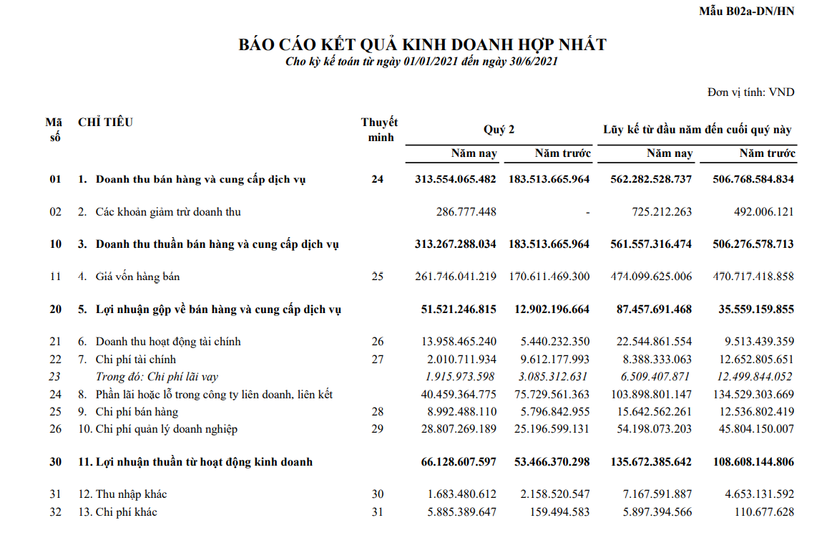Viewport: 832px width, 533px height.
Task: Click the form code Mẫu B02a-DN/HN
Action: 746,11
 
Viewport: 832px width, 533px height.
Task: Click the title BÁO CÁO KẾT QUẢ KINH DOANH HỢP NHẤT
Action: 422,45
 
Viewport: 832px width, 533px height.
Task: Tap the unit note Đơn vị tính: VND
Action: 750,92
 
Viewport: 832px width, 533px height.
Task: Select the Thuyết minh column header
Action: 379,130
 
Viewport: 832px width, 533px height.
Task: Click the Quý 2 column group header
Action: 499,130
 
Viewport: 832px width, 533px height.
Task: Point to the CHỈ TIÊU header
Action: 106,123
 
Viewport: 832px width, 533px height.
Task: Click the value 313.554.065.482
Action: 455,179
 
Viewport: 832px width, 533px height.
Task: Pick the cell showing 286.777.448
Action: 466,212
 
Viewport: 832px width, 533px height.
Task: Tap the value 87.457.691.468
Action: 651,309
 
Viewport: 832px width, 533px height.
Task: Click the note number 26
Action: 378,342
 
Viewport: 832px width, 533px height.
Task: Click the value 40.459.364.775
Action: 456,394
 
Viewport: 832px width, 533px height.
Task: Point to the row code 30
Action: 56,462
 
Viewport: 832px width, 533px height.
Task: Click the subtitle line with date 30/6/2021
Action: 421,62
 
